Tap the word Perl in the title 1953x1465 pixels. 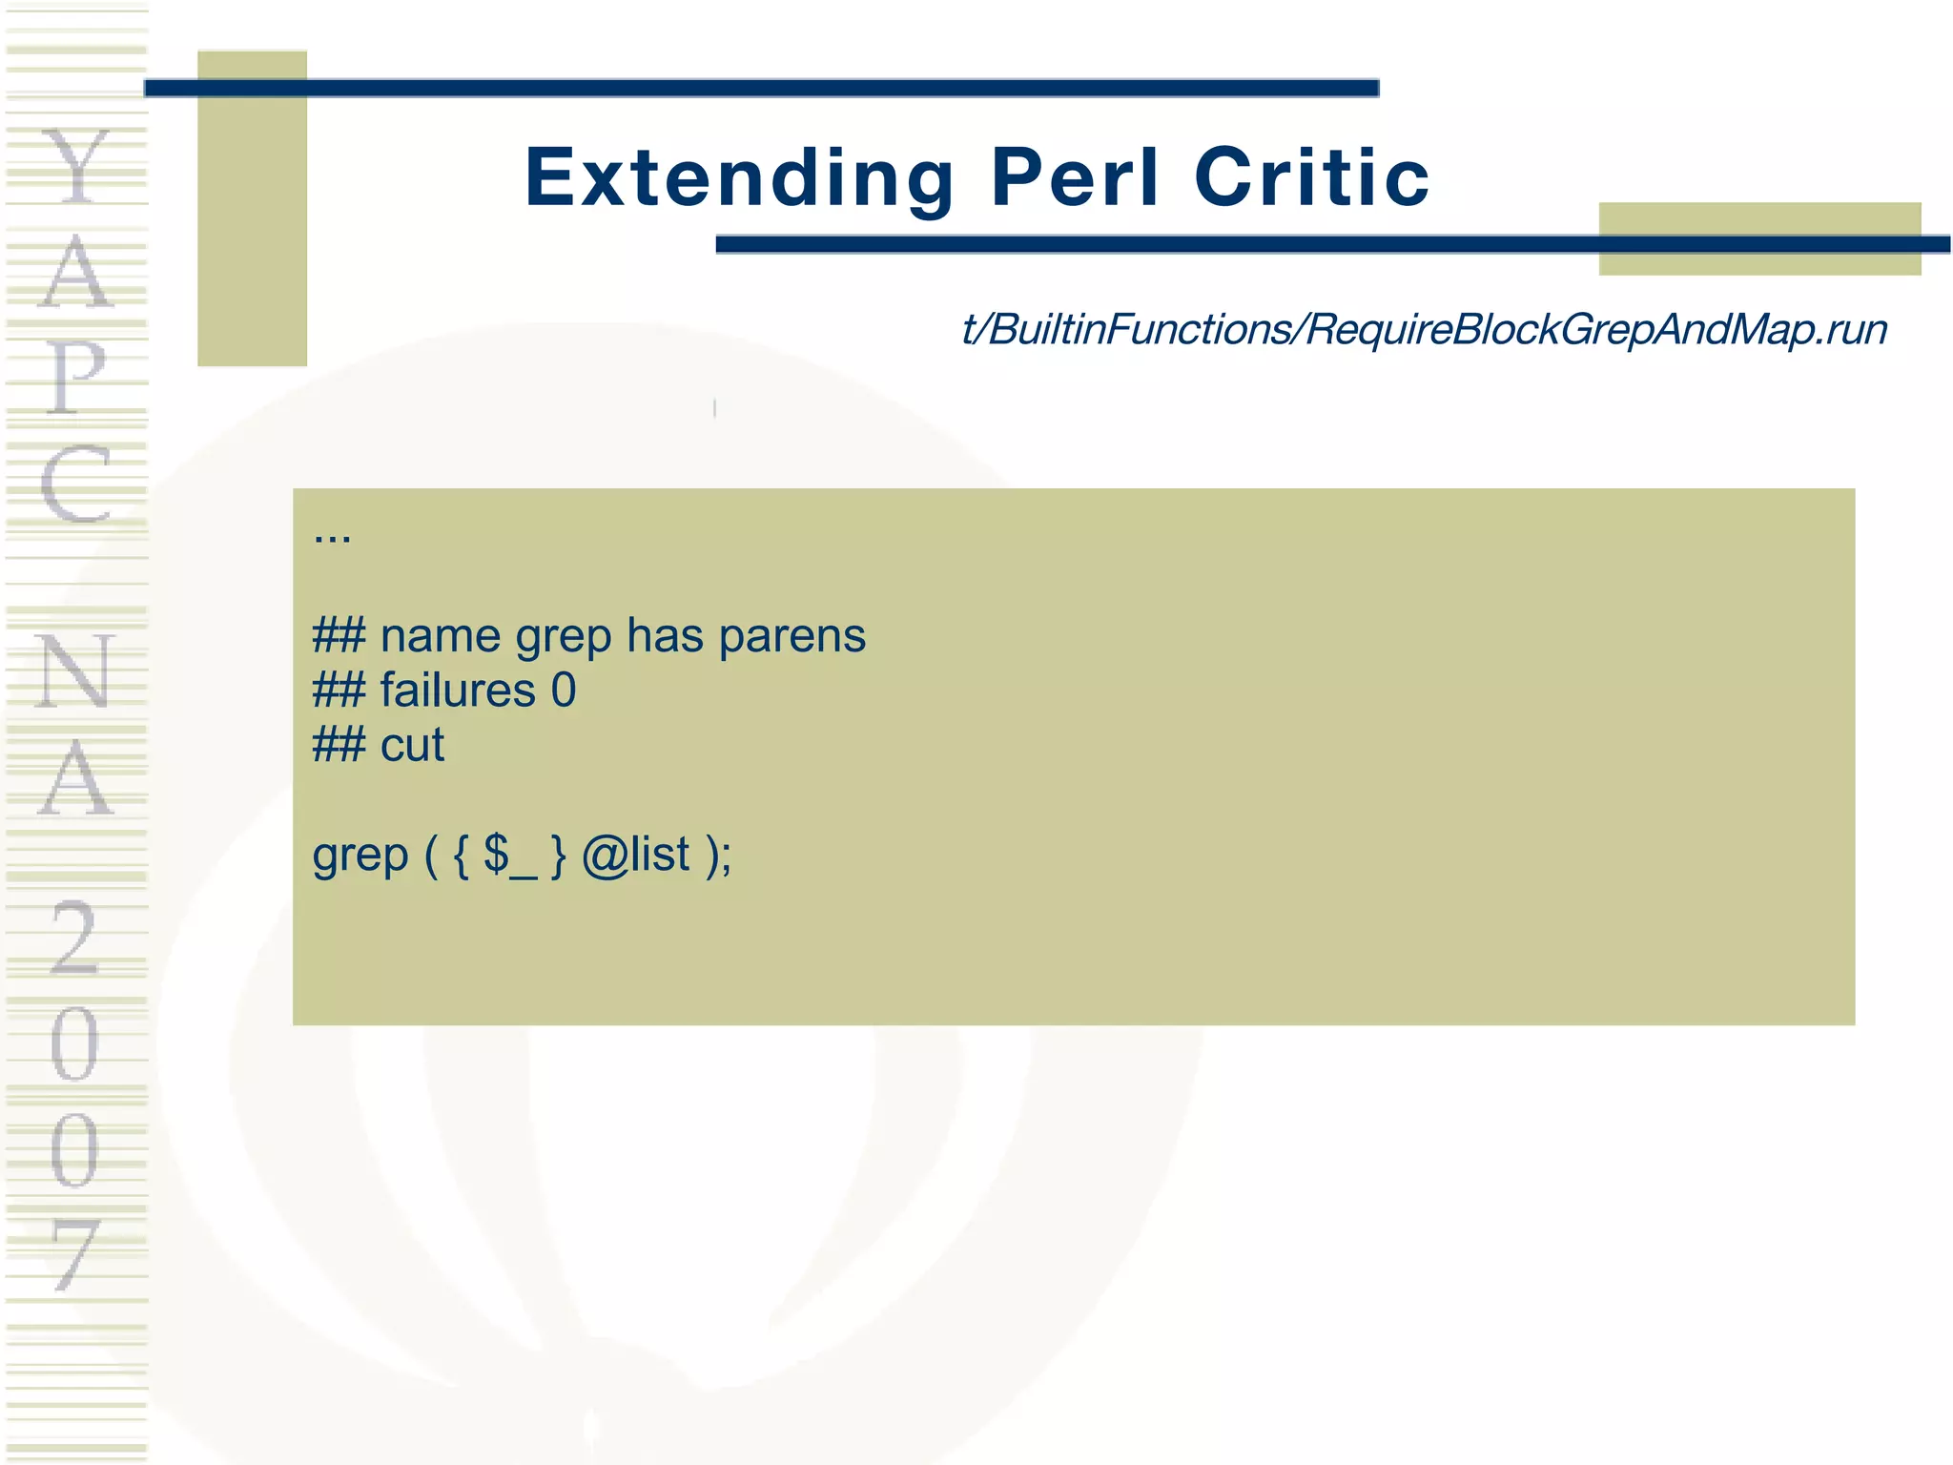[x=1075, y=178]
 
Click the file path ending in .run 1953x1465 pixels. [x=1424, y=330]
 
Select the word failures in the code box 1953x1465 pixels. [x=458, y=691]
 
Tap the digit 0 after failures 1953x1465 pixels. [x=564, y=691]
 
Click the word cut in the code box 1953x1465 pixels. [x=412, y=745]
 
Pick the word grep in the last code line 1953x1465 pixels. [x=360, y=856]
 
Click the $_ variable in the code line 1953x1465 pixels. [x=509, y=855]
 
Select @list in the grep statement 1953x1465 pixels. [x=635, y=855]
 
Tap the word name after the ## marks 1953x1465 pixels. [x=440, y=636]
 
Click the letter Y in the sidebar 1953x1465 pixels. [x=76, y=166]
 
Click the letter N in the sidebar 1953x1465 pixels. [x=76, y=671]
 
